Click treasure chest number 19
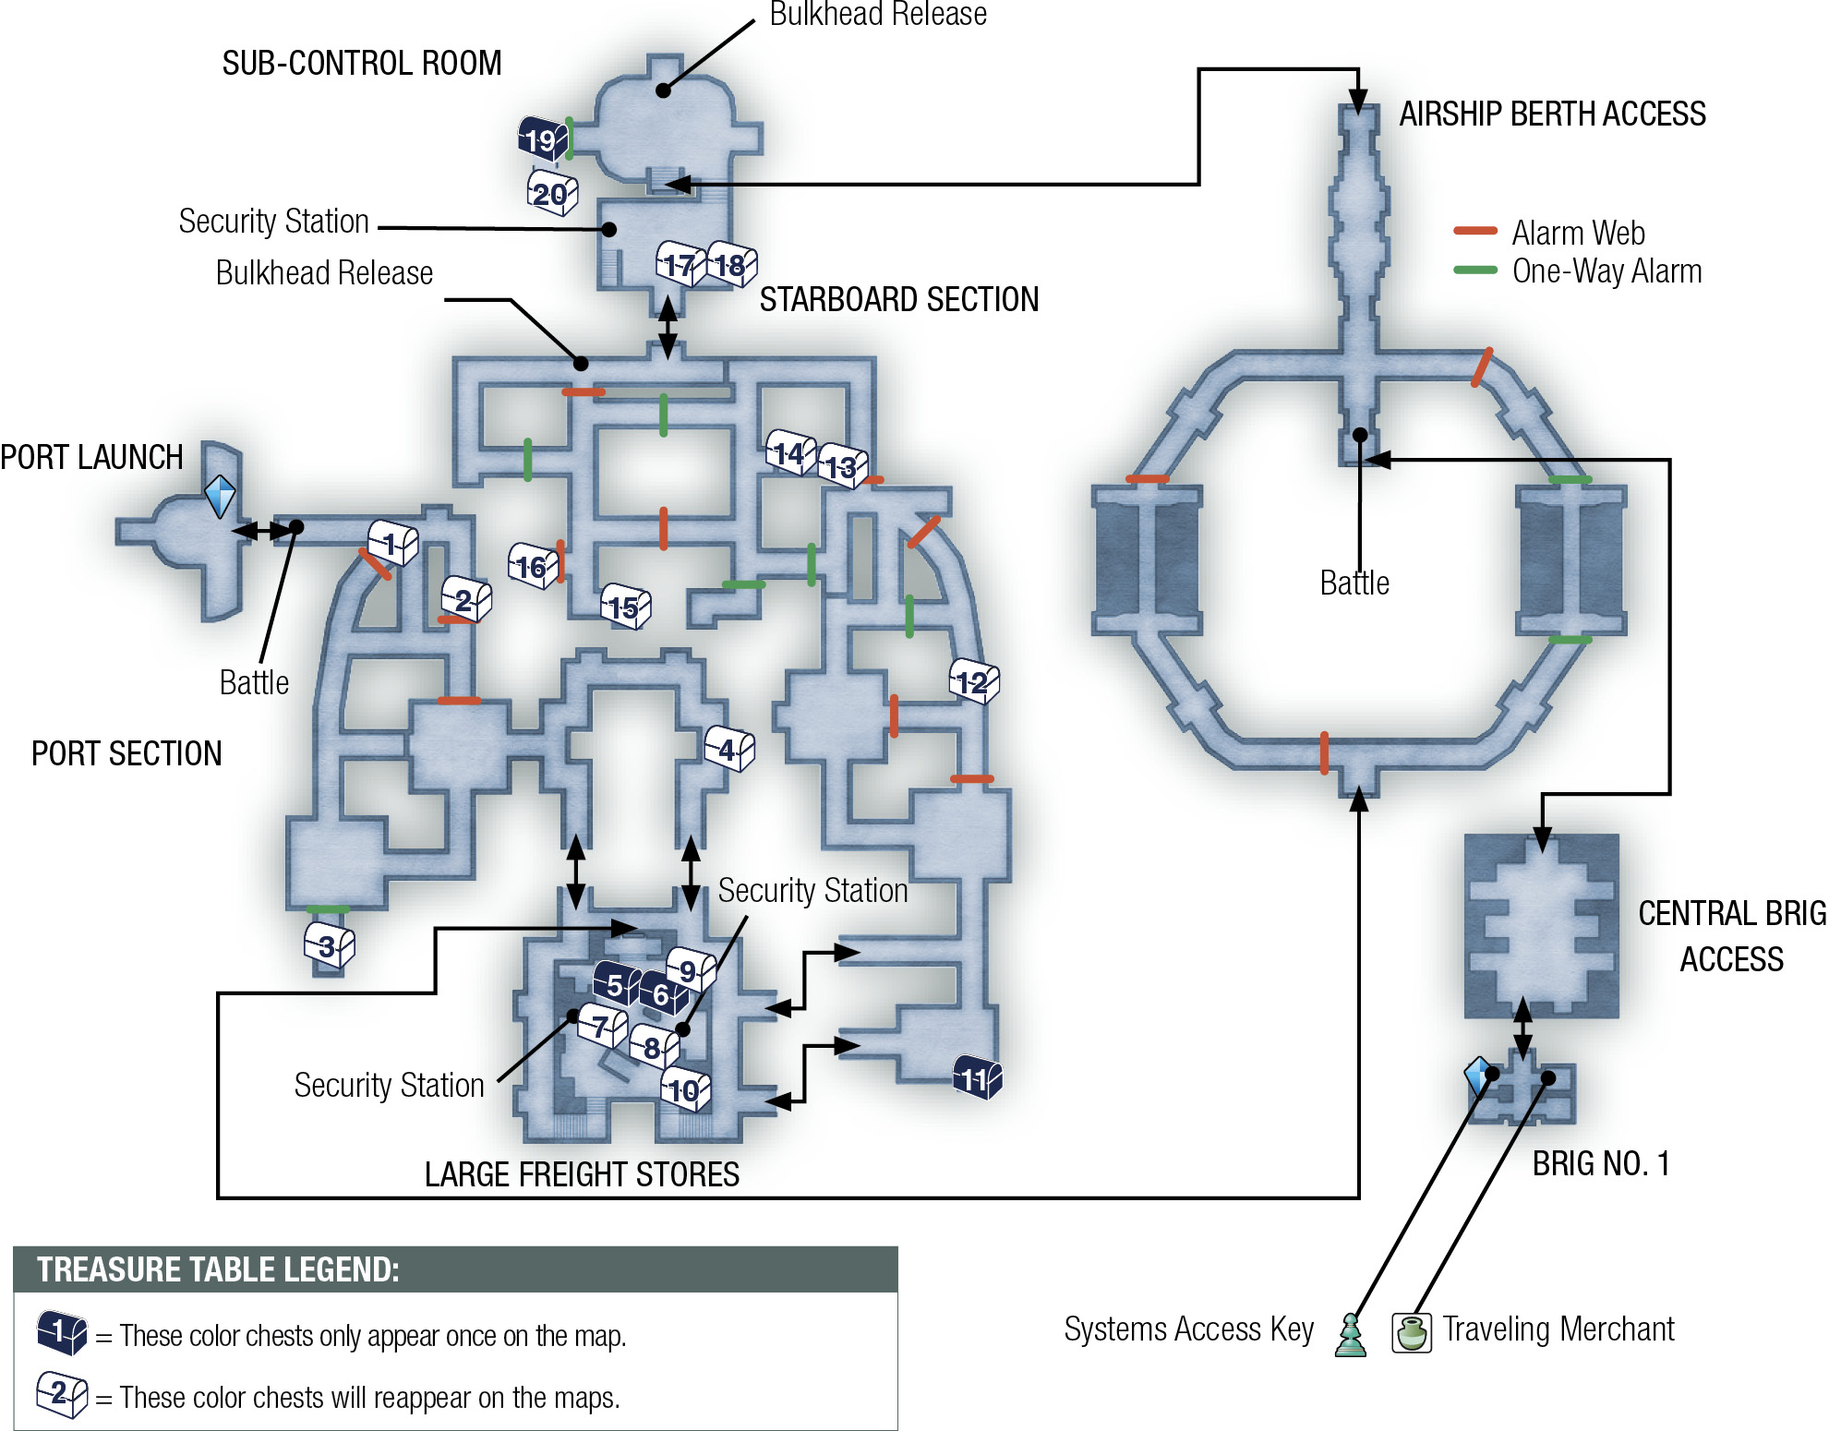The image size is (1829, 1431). [x=543, y=138]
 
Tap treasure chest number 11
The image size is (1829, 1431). [x=978, y=1076]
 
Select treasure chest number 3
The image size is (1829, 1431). [x=330, y=944]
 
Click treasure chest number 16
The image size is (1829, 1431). [x=534, y=565]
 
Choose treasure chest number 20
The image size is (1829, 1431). [x=553, y=193]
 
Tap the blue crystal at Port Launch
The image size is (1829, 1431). [x=220, y=496]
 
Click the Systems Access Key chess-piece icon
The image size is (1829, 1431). [x=1351, y=1335]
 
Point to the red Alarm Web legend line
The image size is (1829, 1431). [x=1475, y=231]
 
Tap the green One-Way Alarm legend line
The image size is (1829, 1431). [x=1475, y=270]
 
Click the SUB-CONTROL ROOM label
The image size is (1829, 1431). [x=362, y=63]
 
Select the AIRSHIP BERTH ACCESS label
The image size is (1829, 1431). [x=1553, y=114]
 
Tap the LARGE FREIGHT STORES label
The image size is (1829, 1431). [x=582, y=1174]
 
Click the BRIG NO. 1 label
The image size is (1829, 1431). [x=1601, y=1163]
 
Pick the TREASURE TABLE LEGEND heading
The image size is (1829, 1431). [x=218, y=1269]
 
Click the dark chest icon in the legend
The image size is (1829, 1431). [x=62, y=1332]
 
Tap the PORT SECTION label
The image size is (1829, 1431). [x=126, y=753]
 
